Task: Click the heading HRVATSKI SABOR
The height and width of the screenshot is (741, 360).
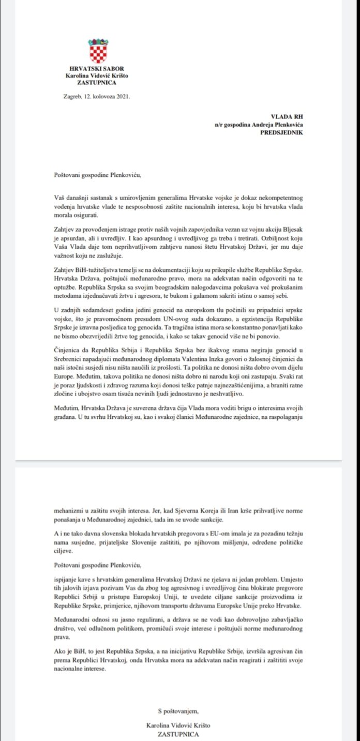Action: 97,69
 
